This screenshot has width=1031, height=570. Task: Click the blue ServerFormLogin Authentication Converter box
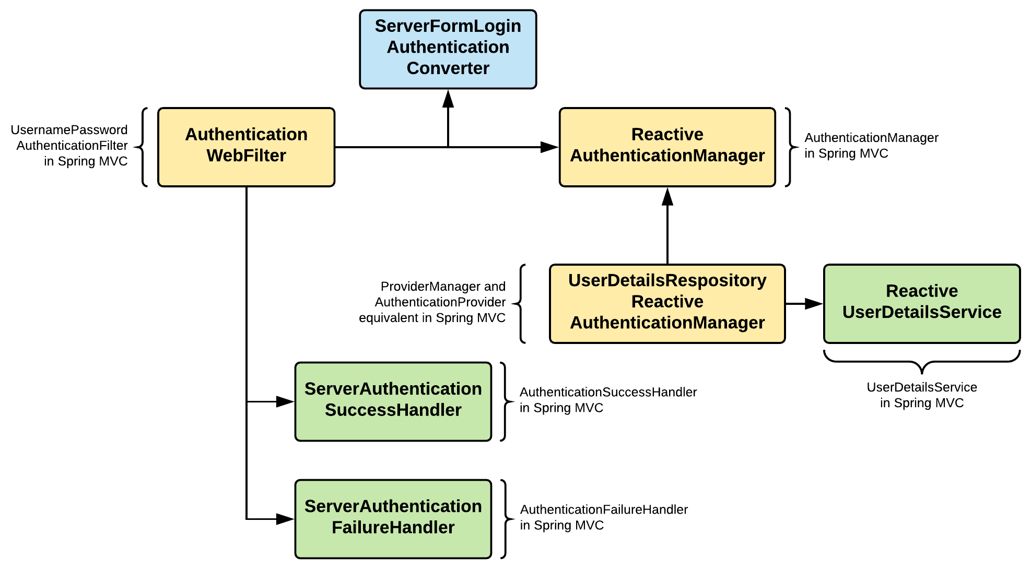coord(448,49)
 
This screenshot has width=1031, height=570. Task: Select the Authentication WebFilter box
coord(246,147)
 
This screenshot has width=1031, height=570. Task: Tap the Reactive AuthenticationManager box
coord(667,147)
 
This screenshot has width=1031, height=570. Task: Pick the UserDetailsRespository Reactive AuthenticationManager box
coord(667,303)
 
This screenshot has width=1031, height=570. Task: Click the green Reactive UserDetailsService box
coord(921,303)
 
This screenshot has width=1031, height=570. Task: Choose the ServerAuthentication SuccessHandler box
coord(393,401)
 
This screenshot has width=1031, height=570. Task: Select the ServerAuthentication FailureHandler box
coord(393,518)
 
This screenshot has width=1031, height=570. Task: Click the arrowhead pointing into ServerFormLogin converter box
coord(448,99)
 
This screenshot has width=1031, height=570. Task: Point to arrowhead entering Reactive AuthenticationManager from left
coord(549,147)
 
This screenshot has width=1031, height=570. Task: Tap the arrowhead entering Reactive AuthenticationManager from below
coord(667,197)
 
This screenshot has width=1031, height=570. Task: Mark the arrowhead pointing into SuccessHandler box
coord(285,401)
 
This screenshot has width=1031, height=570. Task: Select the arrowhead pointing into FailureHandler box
coord(285,519)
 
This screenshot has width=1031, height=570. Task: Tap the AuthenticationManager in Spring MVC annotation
coord(871,145)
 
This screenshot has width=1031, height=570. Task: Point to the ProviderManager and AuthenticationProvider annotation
coord(432,302)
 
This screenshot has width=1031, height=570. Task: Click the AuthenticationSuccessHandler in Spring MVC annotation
coord(607,399)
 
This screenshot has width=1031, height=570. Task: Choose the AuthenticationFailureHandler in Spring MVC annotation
coord(603,517)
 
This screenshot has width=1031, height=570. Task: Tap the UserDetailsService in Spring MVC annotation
coord(921,395)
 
